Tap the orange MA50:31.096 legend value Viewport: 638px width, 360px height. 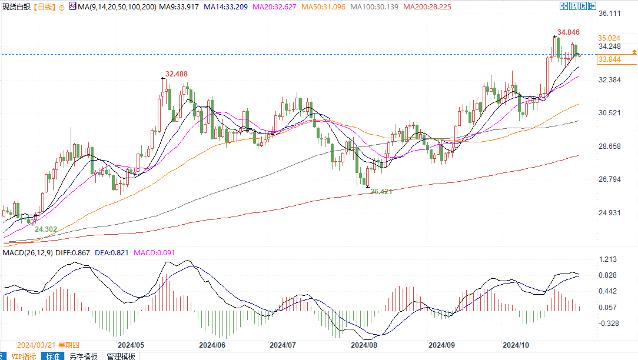(324, 7)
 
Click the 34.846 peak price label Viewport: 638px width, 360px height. (568, 32)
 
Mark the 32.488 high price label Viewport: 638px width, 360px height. (177, 74)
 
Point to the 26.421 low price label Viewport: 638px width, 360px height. (381, 192)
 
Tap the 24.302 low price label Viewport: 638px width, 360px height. (46, 229)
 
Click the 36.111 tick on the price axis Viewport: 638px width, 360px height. (610, 14)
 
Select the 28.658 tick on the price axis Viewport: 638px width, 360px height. (610, 146)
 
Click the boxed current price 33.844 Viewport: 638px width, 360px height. (609, 59)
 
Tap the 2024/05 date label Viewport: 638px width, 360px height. (131, 345)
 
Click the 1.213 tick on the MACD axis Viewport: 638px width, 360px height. (607, 259)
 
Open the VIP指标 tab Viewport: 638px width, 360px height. (23, 356)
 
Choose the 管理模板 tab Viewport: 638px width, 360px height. (121, 356)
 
